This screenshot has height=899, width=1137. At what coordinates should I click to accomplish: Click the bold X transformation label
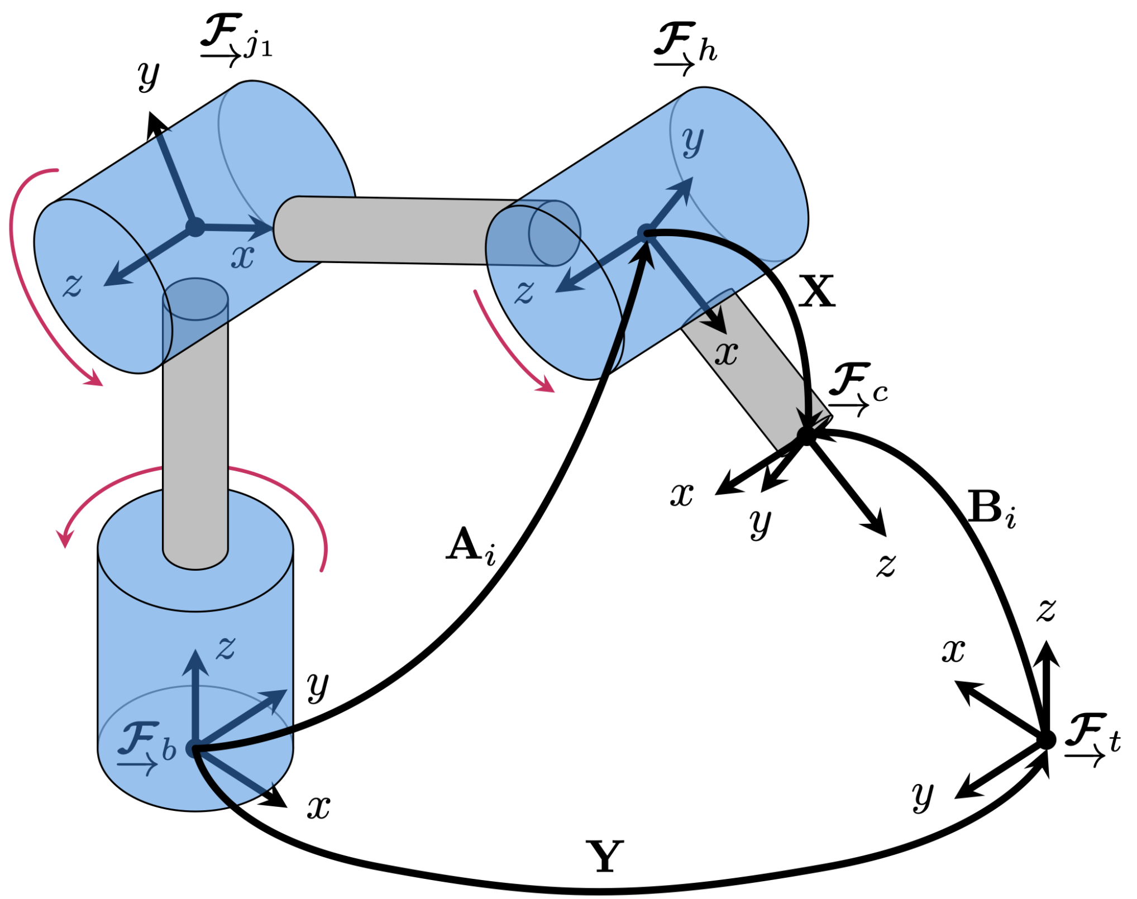pos(816,291)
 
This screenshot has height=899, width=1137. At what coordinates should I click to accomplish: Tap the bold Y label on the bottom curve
pos(604,857)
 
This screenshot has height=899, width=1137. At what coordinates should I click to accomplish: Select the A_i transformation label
pos(470,547)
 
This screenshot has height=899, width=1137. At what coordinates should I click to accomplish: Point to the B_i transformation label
pos(991,509)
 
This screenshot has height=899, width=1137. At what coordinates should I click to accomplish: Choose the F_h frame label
pos(684,47)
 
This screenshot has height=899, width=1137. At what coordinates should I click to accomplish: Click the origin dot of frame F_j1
pos(195,227)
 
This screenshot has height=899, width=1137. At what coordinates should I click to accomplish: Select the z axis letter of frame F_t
pos(1046,610)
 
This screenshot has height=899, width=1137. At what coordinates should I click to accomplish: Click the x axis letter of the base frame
pos(318,807)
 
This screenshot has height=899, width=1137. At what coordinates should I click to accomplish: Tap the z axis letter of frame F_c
pos(886,565)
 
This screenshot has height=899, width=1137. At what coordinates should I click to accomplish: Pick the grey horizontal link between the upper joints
pos(391,229)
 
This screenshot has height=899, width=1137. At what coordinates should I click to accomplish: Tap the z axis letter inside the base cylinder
pos(226,648)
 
